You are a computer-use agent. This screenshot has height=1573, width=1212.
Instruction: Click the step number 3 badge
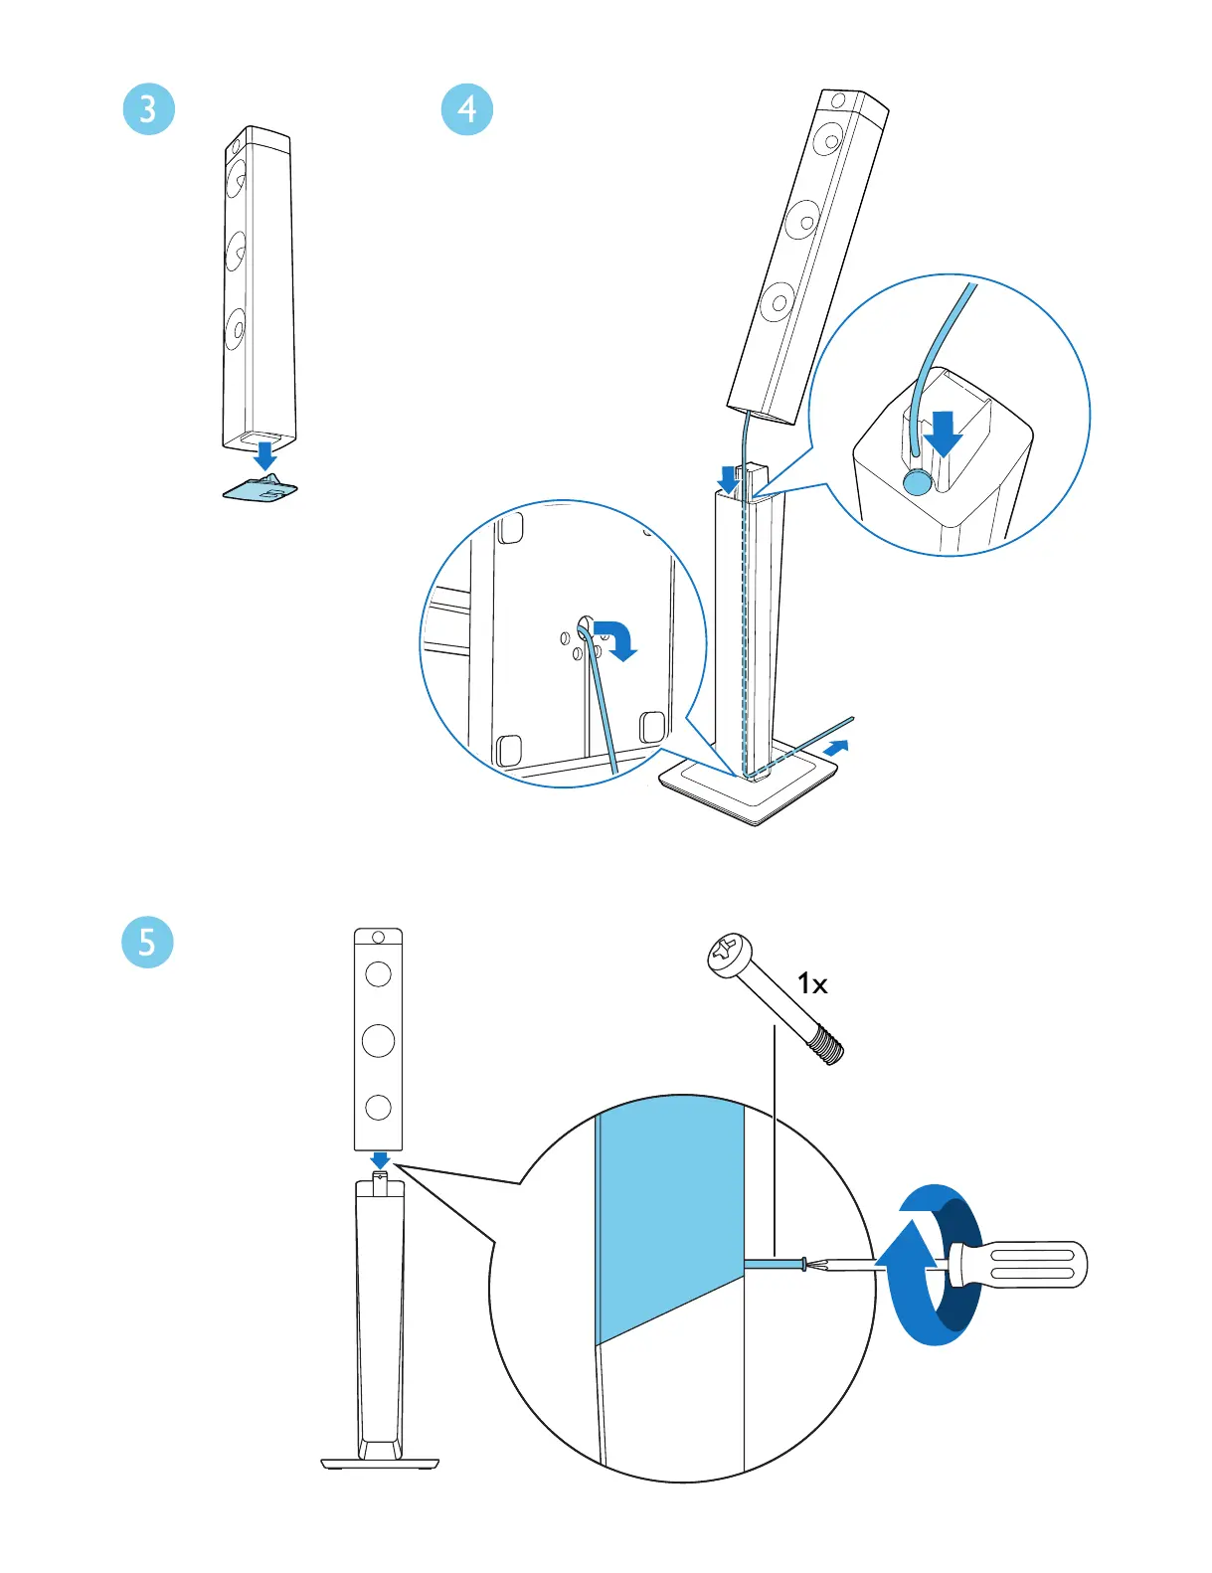(x=148, y=108)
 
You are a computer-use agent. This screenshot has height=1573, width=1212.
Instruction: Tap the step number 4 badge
(x=466, y=108)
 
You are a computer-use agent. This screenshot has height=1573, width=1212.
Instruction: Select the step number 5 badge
(x=147, y=942)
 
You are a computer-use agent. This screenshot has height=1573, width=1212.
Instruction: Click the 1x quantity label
(x=812, y=984)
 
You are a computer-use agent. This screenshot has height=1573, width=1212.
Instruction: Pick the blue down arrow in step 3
(x=264, y=456)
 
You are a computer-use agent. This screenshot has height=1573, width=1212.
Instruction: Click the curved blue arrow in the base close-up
(x=616, y=638)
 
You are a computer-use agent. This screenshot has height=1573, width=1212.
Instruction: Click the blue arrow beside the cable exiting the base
(x=838, y=746)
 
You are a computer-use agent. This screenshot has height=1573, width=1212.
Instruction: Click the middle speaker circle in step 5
(x=378, y=1041)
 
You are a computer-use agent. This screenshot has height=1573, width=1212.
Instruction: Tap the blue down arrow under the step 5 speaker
(x=380, y=1160)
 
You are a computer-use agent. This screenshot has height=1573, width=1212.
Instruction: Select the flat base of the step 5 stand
(x=380, y=1463)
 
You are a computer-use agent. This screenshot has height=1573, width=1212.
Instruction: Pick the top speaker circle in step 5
(x=378, y=973)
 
